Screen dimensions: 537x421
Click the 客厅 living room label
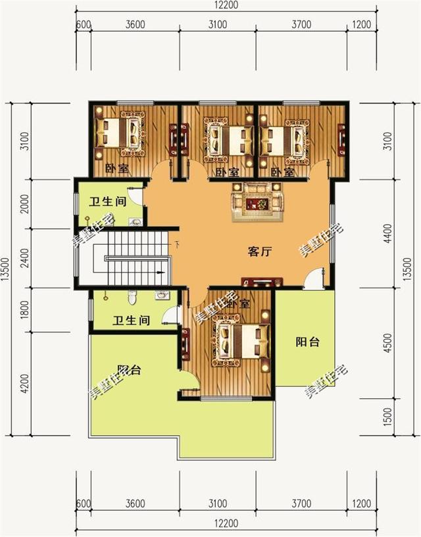pos(260,252)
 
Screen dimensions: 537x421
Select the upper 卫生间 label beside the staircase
pos(108,202)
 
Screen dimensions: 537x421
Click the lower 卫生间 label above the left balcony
pos(130,321)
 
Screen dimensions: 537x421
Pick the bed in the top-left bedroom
pos(122,134)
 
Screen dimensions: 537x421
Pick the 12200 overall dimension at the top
pos(226,6)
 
